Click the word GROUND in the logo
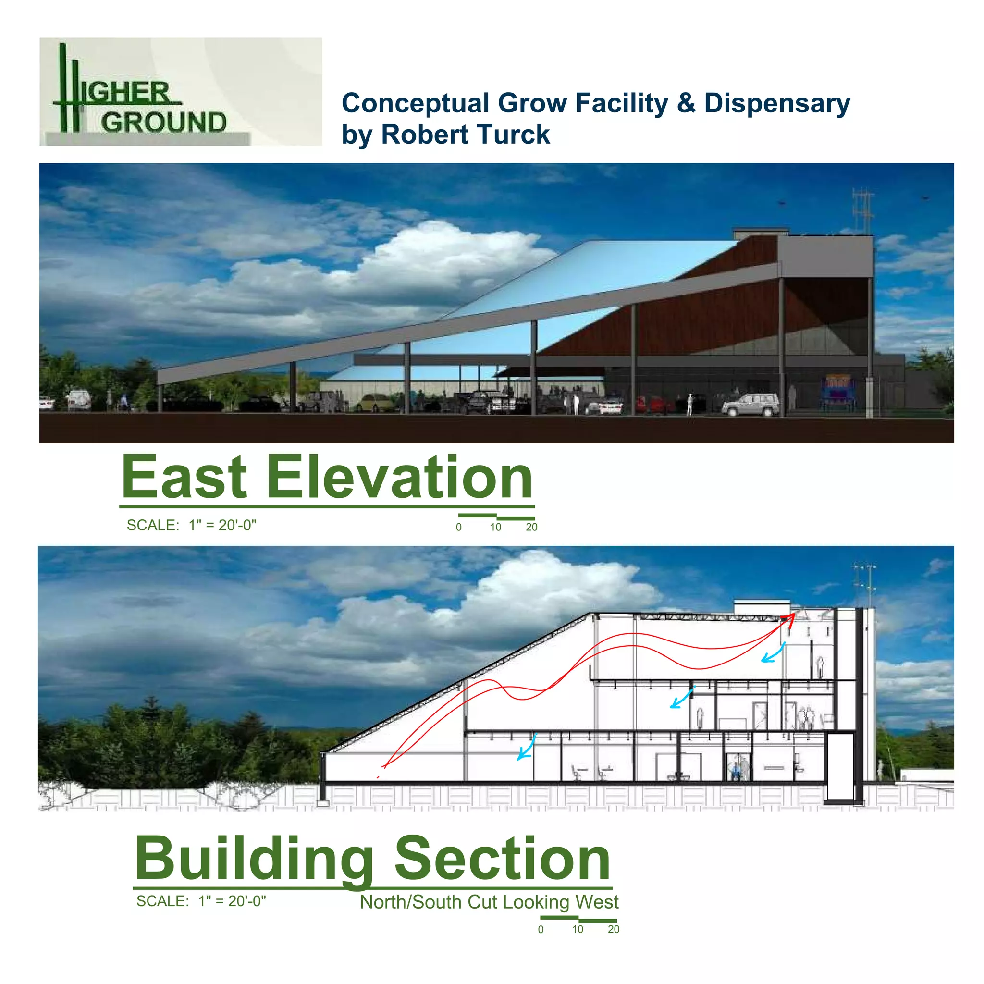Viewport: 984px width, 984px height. click(163, 123)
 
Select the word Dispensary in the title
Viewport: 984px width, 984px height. click(777, 103)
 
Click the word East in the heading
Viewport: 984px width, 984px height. click(184, 477)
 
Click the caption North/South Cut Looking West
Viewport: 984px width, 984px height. click(489, 902)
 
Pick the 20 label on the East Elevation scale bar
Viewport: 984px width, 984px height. click(531, 527)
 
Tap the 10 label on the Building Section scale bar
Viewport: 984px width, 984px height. click(577, 930)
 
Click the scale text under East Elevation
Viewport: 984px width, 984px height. click(192, 525)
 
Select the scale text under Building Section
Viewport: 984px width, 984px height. click(201, 901)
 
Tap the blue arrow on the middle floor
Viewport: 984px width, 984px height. click(681, 698)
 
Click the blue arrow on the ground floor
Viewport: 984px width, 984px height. click(526, 748)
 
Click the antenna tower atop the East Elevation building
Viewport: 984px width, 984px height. click(863, 209)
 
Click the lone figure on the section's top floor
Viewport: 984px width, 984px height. click(820, 667)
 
